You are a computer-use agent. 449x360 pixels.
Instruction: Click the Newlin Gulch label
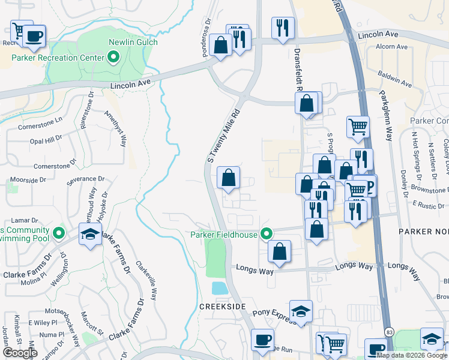coord(133,42)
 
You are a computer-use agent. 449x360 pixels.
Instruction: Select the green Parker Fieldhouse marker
coord(267,234)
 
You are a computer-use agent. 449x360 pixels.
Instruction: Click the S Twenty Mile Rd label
coord(223,136)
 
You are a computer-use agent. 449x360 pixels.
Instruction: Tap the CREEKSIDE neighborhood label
coord(224,306)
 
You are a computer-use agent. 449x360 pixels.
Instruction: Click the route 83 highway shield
coord(390,332)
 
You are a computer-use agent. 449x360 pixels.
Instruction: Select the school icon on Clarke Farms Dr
coord(90,234)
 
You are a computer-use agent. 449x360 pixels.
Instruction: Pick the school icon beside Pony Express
coord(301,311)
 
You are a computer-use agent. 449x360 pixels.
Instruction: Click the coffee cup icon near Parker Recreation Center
coord(34,35)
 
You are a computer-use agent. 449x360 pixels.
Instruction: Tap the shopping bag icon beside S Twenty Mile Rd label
coord(228,178)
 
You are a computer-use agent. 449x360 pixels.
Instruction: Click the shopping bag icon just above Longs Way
coord(279,251)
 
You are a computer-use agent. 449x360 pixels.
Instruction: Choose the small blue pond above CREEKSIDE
coord(220,288)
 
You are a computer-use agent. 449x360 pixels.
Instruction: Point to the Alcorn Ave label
coord(393,46)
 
